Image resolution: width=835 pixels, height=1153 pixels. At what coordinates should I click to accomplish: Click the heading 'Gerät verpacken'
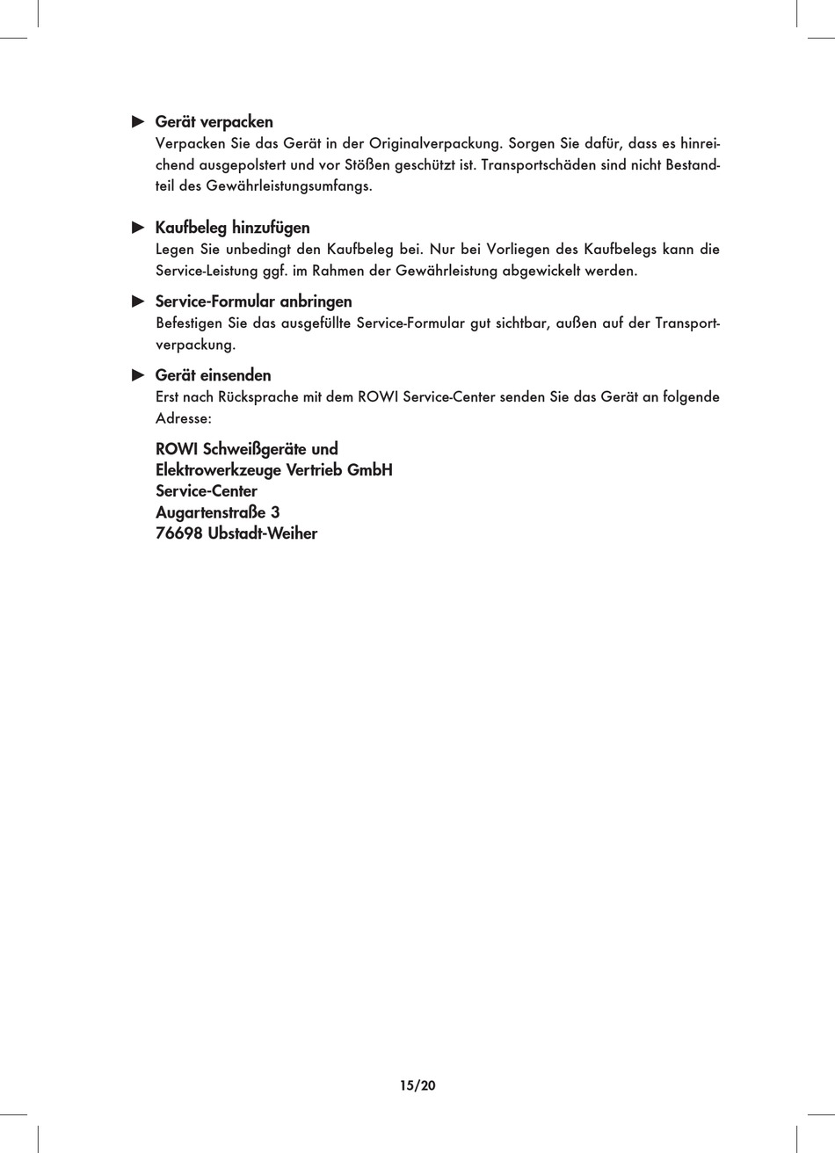(214, 122)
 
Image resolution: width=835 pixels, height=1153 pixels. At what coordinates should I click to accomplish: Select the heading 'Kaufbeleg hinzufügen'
(232, 228)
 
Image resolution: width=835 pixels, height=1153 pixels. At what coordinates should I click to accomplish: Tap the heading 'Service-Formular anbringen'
(253, 301)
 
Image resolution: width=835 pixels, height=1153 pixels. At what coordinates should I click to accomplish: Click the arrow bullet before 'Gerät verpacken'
(137, 121)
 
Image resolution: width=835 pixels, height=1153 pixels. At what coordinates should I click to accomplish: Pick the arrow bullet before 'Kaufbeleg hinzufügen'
(137, 228)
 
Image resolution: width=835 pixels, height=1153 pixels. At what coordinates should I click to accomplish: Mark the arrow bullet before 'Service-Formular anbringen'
(137, 301)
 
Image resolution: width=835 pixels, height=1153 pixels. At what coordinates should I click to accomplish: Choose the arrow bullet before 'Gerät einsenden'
(137, 375)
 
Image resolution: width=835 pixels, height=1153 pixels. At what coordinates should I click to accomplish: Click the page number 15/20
(417, 1085)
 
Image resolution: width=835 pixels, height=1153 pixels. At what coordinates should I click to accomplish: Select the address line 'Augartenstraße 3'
(217, 512)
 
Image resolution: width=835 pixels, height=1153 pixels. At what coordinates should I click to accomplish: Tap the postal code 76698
(178, 533)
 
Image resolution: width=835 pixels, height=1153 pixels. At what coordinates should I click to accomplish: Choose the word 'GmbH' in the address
(369, 470)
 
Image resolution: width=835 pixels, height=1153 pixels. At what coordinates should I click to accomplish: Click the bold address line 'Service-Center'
(206, 491)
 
